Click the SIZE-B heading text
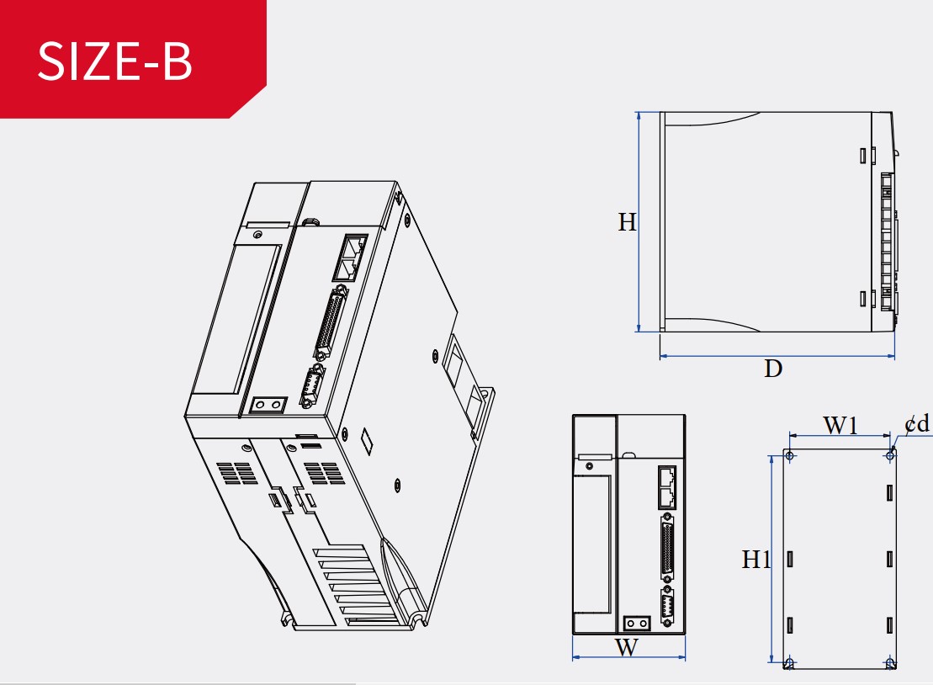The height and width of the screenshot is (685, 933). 115,61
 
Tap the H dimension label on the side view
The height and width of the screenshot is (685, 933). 627,222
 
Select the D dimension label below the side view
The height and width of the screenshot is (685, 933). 773,369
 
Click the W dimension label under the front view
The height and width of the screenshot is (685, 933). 627,647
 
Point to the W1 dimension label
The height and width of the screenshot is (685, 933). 840,425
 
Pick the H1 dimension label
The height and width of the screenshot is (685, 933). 755,560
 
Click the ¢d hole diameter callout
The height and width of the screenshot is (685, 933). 917,424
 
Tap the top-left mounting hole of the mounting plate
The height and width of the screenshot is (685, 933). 790,456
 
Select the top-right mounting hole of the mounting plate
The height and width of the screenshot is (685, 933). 890,456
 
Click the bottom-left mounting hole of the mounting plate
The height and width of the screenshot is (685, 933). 790,662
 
